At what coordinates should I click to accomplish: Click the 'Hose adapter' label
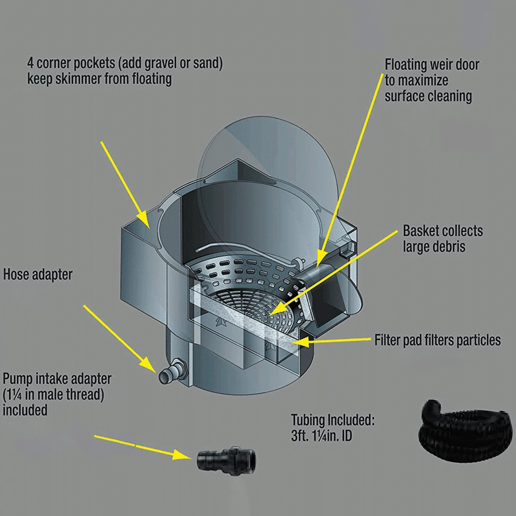coord(38,275)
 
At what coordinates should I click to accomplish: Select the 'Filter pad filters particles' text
coord(437,340)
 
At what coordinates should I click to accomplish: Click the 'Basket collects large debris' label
coord(442,238)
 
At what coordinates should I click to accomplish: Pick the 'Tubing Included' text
coord(333,420)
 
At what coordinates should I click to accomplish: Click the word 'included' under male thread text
coord(25,410)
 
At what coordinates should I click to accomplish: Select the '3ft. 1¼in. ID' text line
coord(322,436)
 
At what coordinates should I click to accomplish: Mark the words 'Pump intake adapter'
coord(57,379)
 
